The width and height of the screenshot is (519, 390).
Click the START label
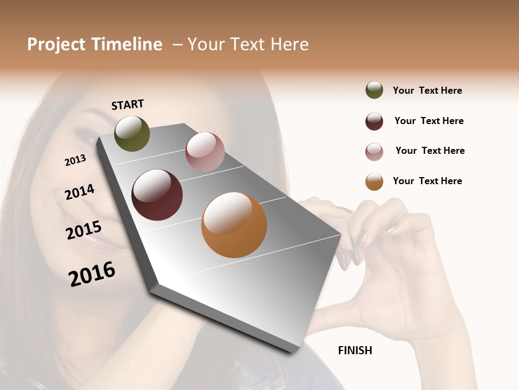[x=128, y=105]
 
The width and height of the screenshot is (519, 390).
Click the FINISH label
[x=355, y=350]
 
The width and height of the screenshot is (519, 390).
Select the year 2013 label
[x=75, y=160]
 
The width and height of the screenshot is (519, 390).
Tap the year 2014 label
[x=79, y=192]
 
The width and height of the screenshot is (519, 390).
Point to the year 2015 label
[x=83, y=230]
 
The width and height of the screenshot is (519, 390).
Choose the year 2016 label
[x=92, y=274]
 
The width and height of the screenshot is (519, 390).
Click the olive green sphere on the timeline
[x=132, y=134]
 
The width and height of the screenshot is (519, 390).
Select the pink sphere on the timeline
[x=205, y=152]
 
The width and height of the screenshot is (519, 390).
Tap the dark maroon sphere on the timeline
[x=157, y=195]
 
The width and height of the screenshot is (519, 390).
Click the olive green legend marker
[x=374, y=90]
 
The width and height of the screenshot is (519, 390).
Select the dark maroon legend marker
[x=374, y=121]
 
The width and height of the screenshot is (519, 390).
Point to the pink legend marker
[x=374, y=152]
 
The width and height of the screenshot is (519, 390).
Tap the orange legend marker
[x=374, y=181]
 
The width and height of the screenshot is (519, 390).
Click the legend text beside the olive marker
[x=427, y=90]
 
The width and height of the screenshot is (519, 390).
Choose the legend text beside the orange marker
[x=427, y=181]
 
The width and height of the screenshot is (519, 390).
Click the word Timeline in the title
[x=127, y=44]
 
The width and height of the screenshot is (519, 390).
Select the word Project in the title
[x=56, y=44]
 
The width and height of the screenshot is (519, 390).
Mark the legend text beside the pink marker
[x=430, y=151]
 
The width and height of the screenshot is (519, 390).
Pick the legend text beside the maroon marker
[x=429, y=121]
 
